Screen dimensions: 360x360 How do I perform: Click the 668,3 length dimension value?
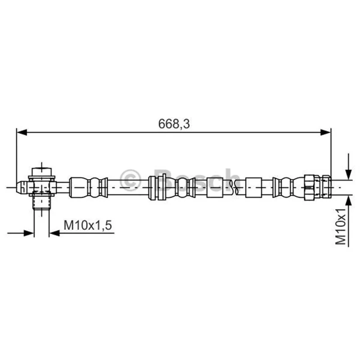174,124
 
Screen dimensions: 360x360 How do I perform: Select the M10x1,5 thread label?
88,225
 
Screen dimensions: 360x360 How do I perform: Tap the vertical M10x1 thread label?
341,226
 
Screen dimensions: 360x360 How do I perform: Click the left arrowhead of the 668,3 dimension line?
22,132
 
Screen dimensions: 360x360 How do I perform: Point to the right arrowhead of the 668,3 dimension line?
325,132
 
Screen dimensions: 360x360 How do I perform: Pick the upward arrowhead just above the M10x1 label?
348,201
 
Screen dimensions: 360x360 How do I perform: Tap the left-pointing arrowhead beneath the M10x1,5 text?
54,233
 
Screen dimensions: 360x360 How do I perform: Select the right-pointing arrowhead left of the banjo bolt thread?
29,233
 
